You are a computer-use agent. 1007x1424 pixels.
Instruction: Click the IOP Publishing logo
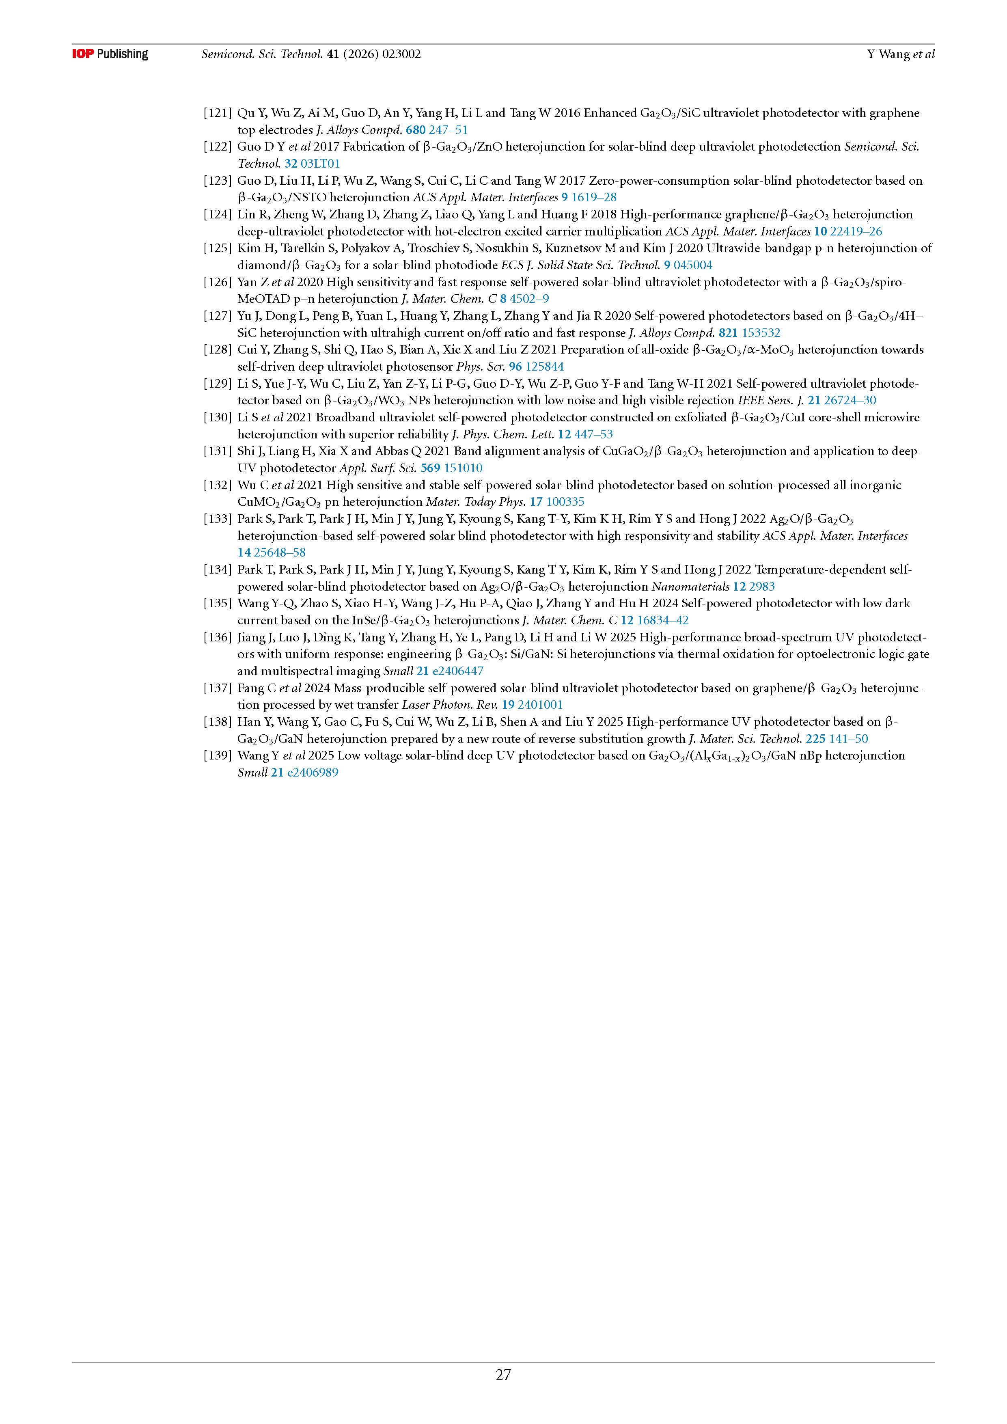click(110, 54)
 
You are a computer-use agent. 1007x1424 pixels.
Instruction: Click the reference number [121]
click(217, 113)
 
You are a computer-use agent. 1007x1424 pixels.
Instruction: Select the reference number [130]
click(217, 417)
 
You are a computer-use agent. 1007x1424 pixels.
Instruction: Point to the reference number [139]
click(217, 755)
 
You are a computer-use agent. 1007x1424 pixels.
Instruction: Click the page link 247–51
click(448, 129)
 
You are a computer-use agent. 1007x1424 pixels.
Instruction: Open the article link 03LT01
click(320, 164)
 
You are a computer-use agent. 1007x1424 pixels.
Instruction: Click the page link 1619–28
click(593, 197)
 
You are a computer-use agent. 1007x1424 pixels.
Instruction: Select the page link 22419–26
click(856, 231)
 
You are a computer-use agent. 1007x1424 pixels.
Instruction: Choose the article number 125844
click(544, 367)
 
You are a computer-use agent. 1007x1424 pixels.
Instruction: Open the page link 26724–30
click(850, 400)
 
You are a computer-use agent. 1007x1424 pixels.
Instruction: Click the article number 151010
click(463, 468)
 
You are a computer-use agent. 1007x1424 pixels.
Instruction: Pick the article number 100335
click(565, 502)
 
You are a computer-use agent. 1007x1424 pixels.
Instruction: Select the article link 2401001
click(540, 705)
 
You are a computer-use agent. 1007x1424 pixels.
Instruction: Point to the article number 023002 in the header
click(401, 54)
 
